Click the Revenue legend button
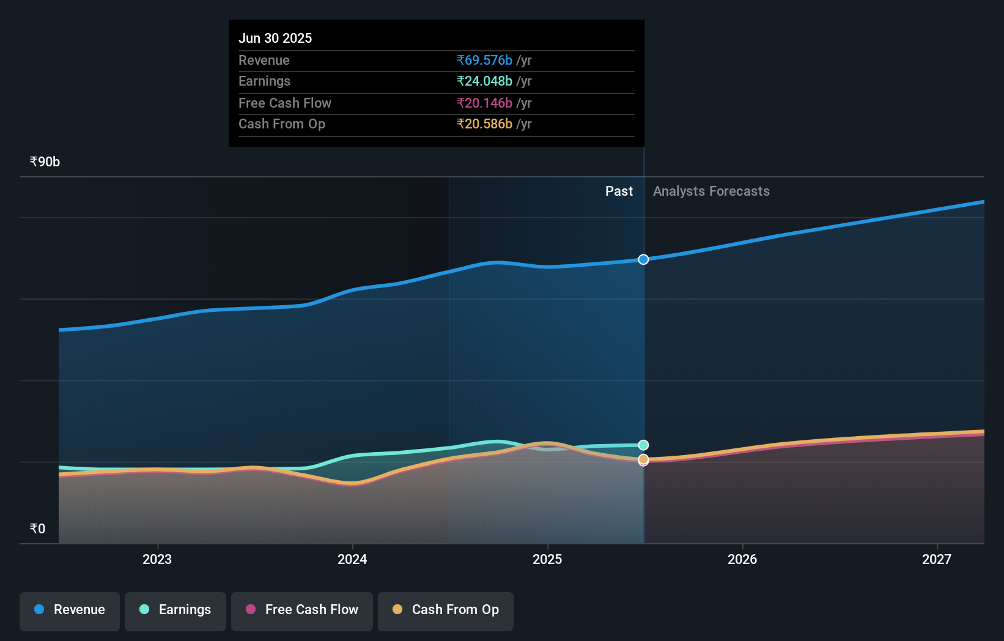70,610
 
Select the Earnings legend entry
175,610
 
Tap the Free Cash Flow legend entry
302,610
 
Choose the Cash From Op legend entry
446,610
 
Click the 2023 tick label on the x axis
157,559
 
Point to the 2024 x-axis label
352,559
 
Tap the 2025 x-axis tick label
547,559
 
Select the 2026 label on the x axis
742,559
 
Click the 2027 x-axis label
937,559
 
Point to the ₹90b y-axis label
45,162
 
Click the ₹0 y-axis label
38,529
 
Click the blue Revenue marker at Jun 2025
643,259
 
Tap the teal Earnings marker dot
643,445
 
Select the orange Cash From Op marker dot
643,459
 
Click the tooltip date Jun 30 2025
275,39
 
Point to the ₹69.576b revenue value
484,61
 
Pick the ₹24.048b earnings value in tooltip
484,81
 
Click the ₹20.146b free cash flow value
484,103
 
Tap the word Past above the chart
619,191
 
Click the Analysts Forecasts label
711,191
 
